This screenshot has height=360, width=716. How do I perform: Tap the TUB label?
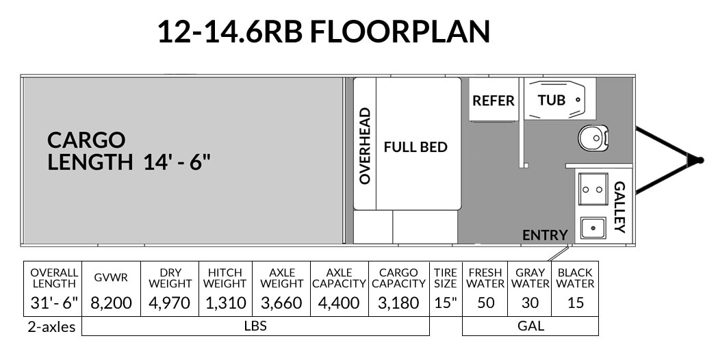click(x=552, y=100)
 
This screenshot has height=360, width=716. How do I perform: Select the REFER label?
click(x=493, y=101)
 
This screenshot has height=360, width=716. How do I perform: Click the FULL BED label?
click(x=415, y=147)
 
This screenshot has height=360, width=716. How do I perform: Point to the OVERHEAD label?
click(x=364, y=146)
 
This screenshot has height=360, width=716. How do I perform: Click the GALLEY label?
click(x=619, y=207)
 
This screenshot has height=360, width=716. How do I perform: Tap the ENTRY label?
click(x=546, y=235)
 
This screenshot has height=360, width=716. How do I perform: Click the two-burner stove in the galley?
click(x=593, y=189)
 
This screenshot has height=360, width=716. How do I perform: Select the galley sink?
click(x=593, y=227)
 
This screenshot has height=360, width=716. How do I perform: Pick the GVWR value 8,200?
click(x=111, y=303)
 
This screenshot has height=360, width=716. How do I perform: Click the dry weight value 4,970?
click(x=169, y=303)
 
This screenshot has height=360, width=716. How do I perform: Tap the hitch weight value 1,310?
click(x=226, y=303)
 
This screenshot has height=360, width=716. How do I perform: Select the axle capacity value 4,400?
click(x=339, y=303)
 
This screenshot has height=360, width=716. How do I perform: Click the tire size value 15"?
click(x=445, y=303)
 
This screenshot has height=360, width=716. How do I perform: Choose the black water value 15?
click(x=576, y=303)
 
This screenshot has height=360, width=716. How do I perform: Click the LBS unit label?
click(x=256, y=326)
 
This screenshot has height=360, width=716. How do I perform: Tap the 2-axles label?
click(x=51, y=327)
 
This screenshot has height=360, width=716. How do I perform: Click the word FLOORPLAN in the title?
click(x=400, y=31)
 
